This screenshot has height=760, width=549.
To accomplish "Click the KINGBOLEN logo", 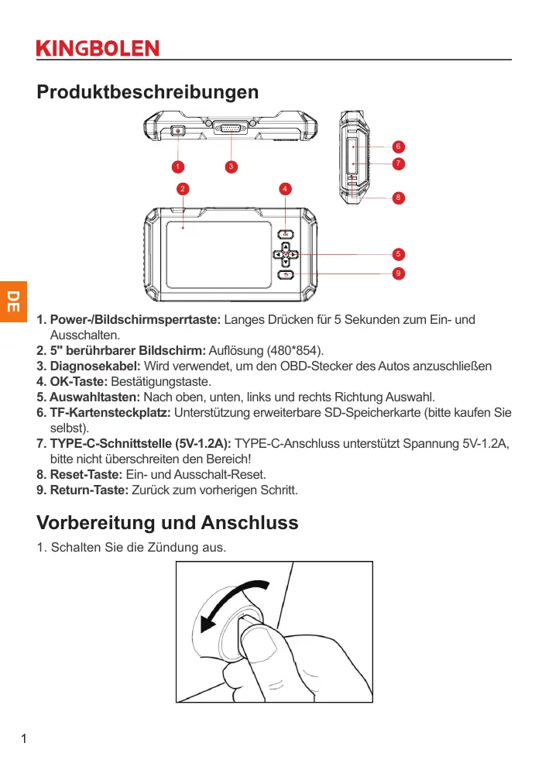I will (98, 48).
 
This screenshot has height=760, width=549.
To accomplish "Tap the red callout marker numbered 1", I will (178, 166).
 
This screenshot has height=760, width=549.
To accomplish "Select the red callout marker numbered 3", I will (231, 166).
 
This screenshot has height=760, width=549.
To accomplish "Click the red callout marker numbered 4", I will (286, 188).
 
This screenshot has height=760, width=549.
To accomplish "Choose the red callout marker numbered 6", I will (397, 146).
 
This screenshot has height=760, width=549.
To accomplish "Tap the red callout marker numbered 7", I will (397, 163).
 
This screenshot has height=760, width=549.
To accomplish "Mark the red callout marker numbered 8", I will (397, 197).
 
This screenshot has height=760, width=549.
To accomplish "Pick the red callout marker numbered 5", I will (397, 254).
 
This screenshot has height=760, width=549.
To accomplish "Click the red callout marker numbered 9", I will (397, 273).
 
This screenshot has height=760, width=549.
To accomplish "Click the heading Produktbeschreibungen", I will (148, 92).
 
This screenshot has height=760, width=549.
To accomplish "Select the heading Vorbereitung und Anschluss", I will (167, 522).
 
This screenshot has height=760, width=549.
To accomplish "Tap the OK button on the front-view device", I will (286, 235).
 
